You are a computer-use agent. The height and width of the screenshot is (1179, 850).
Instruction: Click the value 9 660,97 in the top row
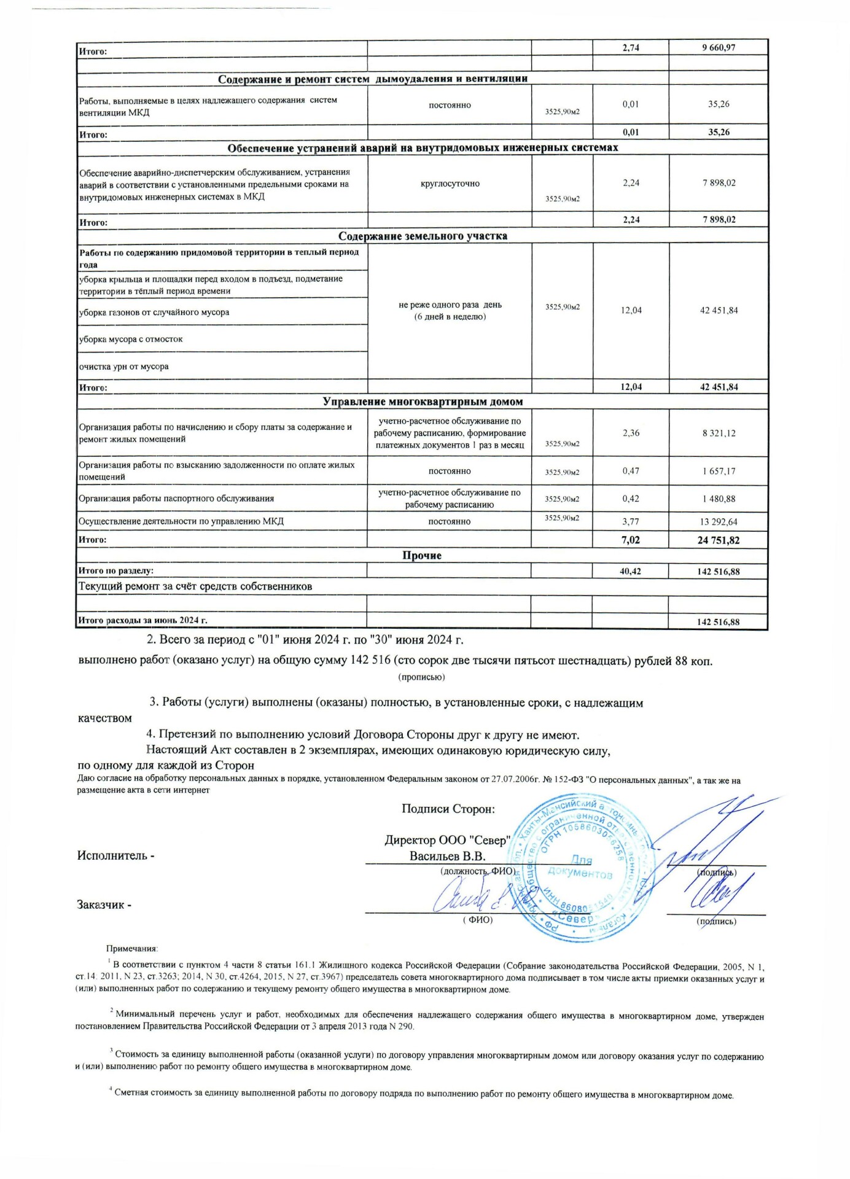[718, 47]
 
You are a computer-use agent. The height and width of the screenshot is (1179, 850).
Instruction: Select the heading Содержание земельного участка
[423, 236]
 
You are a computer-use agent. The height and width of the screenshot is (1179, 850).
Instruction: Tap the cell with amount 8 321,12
[719, 433]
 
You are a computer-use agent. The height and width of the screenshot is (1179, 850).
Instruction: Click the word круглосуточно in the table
[450, 184]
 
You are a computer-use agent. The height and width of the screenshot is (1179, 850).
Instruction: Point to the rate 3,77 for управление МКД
[631, 521]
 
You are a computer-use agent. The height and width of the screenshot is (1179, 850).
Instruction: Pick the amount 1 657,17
[719, 471]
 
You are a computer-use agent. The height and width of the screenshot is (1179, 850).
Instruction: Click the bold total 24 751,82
[719, 540]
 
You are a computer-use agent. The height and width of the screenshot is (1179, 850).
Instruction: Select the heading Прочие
[422, 555]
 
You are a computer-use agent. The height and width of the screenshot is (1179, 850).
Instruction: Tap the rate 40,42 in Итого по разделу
[631, 571]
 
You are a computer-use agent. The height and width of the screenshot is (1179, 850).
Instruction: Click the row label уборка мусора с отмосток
[131, 339]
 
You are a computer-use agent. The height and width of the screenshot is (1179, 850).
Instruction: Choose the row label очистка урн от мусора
[123, 367]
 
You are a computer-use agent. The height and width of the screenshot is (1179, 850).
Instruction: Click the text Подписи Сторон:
[448, 809]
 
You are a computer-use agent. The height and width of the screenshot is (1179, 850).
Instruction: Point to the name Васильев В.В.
[448, 856]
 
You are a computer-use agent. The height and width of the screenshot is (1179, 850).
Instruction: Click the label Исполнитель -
[115, 855]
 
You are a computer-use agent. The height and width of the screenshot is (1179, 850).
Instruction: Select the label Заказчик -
[104, 905]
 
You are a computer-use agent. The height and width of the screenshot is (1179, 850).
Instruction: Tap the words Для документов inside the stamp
[580, 866]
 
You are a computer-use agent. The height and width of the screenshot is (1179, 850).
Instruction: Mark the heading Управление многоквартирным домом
[423, 402]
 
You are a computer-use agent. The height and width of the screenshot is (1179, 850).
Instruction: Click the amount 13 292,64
[719, 521]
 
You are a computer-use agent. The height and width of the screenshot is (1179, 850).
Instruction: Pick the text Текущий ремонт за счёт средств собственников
[195, 586]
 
